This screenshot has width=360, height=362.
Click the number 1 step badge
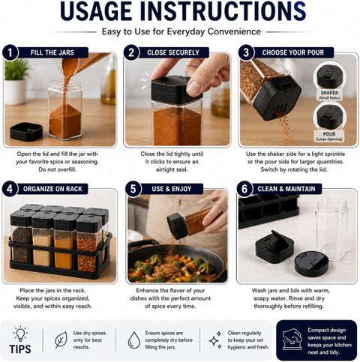pos(10,52)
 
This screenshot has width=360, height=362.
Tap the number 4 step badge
pos(10,189)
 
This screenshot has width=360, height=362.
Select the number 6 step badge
pos(244,189)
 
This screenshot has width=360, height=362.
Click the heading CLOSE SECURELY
pos(173,52)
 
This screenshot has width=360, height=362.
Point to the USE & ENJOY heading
pos(172,189)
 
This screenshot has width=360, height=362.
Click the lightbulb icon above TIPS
pos(20,334)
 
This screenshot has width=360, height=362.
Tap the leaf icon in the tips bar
pos(61,340)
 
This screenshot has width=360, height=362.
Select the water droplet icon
pos(134,340)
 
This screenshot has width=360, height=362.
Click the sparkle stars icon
pos(215,340)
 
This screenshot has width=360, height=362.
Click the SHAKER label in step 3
pos(329,93)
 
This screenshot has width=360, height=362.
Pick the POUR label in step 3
pos(329,134)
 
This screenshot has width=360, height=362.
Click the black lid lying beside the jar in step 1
pos(26,131)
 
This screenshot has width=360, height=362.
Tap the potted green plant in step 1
pos(16,82)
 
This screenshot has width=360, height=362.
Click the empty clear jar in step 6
pos(331,229)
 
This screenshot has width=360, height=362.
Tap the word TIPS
pos(20,349)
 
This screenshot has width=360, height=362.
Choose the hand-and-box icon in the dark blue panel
pos(292,340)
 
